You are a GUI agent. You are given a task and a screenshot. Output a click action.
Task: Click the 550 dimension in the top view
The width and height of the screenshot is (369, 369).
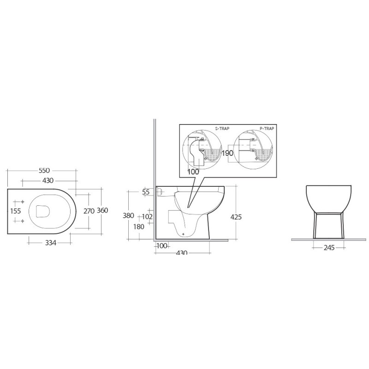tap(44, 170)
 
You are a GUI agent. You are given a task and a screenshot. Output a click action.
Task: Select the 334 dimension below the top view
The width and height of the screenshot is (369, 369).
tap(51, 243)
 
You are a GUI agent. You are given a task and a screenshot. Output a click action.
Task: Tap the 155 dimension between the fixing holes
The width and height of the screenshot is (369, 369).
tap(16, 211)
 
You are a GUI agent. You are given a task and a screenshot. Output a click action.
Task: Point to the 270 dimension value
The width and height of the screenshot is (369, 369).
tap(89, 211)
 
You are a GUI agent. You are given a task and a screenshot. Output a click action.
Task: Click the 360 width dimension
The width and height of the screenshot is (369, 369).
tap(102, 210)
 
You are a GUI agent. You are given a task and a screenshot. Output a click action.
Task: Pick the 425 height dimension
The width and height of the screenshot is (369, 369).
tap(236, 217)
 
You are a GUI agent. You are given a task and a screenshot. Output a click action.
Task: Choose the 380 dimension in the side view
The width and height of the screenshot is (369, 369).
tap(129, 215)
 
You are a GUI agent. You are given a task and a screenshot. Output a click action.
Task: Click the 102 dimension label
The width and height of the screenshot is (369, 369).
tap(148, 216)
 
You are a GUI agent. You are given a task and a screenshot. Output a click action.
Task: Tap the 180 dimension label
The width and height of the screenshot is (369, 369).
tap(139, 226)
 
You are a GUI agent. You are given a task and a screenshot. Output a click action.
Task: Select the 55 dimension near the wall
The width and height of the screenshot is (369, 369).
tap(146, 192)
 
